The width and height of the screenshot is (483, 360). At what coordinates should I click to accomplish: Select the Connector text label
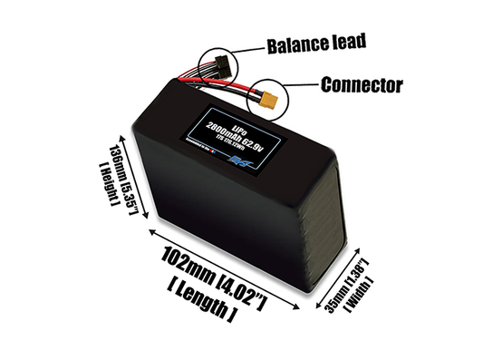pyautogui.click(x=361, y=87)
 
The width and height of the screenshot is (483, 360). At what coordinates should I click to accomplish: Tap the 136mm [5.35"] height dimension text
pyautogui.click(x=130, y=180)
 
